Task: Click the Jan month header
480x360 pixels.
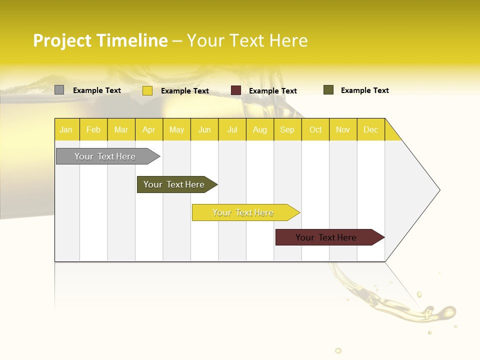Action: [x=66, y=130]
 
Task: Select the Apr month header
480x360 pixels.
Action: [x=149, y=130]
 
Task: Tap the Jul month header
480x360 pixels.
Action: [x=232, y=130]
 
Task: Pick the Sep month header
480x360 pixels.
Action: [x=287, y=130]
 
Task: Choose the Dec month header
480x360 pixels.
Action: [x=370, y=130]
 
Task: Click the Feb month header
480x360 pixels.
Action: [x=93, y=130]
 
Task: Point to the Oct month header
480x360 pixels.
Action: [x=315, y=130]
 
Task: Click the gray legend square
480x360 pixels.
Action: [x=59, y=90]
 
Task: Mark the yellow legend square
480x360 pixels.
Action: [x=147, y=90]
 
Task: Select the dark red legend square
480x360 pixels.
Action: [x=236, y=90]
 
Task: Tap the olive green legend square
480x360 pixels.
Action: [x=328, y=90]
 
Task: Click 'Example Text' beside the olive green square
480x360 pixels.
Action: [x=364, y=90]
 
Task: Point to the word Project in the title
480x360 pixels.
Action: [x=62, y=40]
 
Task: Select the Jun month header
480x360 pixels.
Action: [x=204, y=130]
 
